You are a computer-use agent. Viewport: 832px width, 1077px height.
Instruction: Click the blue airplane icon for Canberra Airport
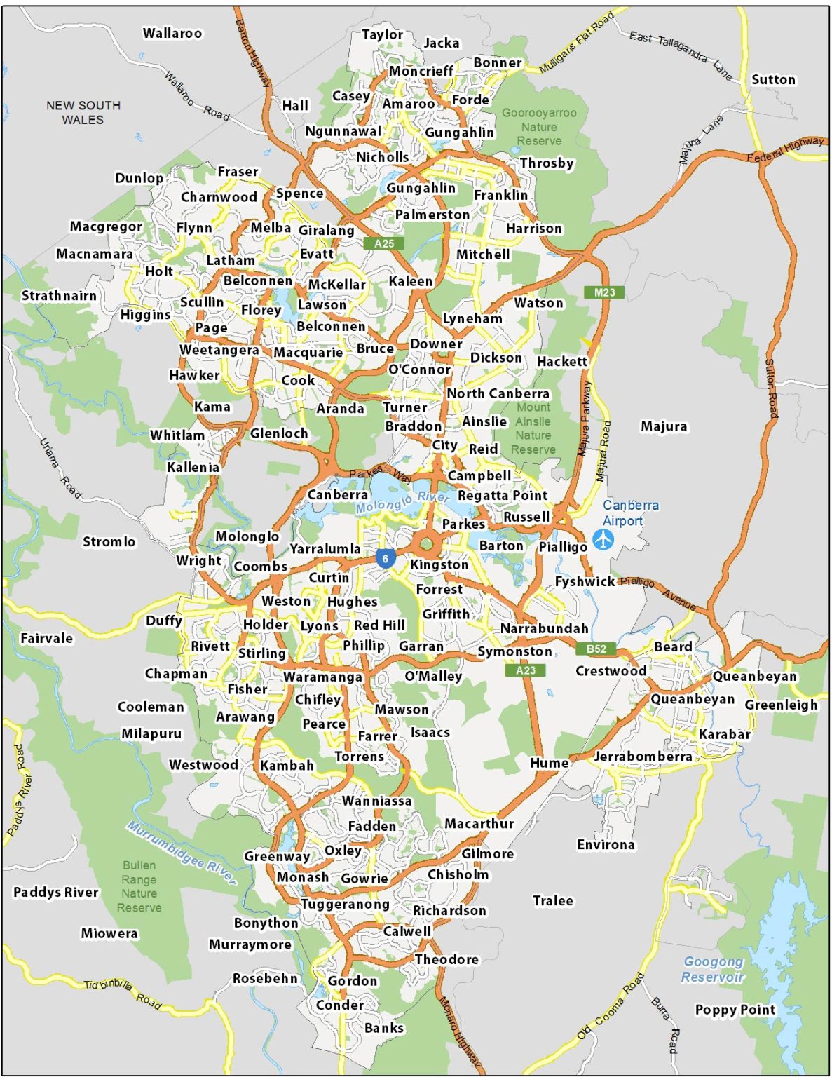point(603,540)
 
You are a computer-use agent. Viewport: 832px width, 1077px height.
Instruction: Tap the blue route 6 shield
point(385,559)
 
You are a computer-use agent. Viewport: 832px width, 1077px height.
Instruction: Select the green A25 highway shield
point(384,243)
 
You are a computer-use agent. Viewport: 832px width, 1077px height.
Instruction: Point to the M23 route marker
point(603,292)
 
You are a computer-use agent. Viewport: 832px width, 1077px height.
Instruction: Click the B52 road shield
point(596,649)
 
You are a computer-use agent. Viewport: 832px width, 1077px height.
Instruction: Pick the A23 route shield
point(525,670)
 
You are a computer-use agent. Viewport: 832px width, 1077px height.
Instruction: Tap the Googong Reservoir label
point(713,969)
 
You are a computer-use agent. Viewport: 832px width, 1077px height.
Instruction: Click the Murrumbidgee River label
point(181,853)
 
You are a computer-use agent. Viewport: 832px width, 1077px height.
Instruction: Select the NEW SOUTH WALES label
point(83,112)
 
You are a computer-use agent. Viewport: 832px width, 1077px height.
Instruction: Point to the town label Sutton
point(773,80)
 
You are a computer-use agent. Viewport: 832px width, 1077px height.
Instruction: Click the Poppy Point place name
point(735,1010)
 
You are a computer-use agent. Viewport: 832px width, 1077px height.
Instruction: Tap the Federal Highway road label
point(785,149)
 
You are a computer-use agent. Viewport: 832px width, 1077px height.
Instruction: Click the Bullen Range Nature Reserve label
point(139,886)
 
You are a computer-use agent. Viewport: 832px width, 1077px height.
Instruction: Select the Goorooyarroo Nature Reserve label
point(539,127)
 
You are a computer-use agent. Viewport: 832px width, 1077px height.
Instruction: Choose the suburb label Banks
point(384,1028)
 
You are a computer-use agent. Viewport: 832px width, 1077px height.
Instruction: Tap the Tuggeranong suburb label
point(345,904)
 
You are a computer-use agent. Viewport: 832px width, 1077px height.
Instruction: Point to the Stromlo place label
point(109,541)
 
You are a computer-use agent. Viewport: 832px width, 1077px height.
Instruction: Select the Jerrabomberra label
point(643,757)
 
